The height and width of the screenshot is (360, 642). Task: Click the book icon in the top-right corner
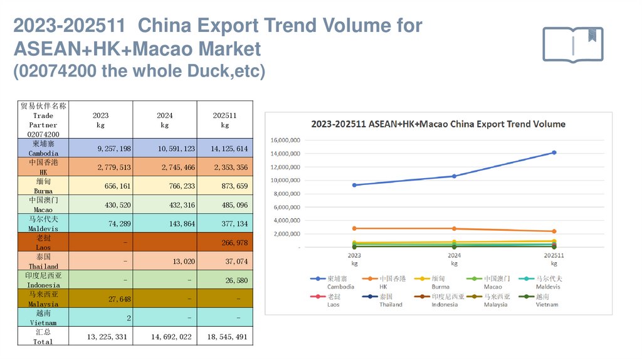point(572,44)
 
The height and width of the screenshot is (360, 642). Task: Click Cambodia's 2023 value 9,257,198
point(109,149)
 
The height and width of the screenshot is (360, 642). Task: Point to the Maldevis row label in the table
point(44,223)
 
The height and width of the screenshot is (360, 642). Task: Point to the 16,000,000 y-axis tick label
point(285,140)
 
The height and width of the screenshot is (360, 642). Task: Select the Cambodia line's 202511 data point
point(554,152)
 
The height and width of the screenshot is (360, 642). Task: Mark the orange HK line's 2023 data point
point(354,228)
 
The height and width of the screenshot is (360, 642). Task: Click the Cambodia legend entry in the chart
point(333,282)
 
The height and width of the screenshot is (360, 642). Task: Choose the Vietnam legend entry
point(541,300)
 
